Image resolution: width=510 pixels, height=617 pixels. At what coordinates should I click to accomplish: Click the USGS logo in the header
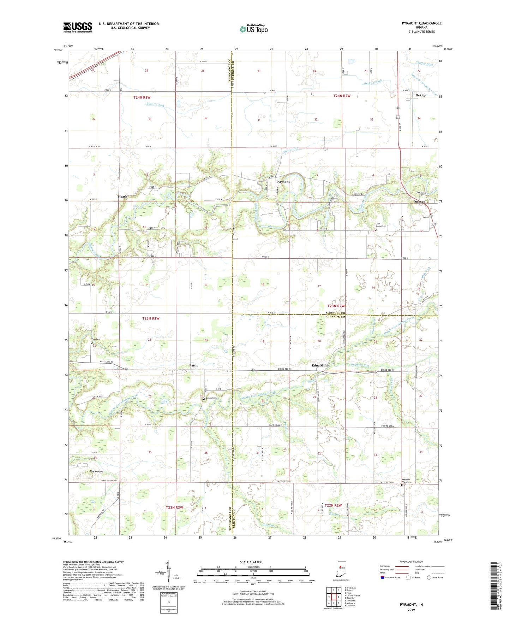click(x=78, y=27)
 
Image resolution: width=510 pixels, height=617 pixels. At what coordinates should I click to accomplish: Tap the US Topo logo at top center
click(x=253, y=29)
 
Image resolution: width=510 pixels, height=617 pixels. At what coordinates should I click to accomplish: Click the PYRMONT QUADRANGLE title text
click(x=421, y=23)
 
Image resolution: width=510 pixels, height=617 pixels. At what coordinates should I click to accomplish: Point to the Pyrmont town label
click(x=283, y=182)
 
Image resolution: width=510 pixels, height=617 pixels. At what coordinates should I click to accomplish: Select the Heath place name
click(x=122, y=196)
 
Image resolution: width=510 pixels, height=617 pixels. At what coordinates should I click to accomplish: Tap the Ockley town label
click(x=420, y=95)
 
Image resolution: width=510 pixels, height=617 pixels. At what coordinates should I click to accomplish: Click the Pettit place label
click(x=193, y=365)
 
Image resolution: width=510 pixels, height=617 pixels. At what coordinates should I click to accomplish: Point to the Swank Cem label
click(x=211, y=398)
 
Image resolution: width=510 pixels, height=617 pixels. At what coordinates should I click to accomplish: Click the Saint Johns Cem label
click(x=380, y=225)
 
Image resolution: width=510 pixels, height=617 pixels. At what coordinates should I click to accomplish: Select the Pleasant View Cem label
click(x=407, y=481)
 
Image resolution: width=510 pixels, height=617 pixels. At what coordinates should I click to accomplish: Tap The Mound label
click(x=96, y=471)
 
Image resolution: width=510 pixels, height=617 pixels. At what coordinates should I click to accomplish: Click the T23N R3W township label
click(x=151, y=318)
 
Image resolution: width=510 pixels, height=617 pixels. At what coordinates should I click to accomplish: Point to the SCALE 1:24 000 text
click(x=251, y=562)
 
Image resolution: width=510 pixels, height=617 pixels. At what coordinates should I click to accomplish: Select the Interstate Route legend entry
click(x=391, y=577)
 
